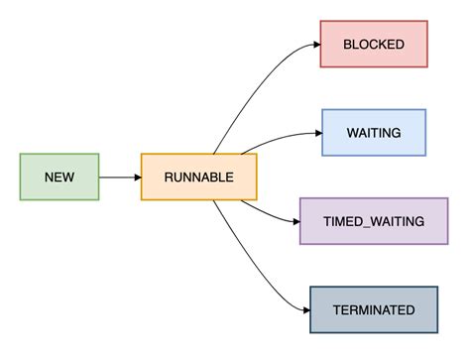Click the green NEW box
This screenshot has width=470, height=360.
[x=59, y=177]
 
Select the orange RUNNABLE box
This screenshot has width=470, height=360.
[x=198, y=177]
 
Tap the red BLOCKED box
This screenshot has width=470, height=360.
[x=373, y=44]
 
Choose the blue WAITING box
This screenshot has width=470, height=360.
[x=373, y=132]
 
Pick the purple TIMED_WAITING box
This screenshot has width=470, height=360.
[x=374, y=220]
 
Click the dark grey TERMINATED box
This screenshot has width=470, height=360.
[x=374, y=309]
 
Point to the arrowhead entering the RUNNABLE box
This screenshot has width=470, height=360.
[x=136, y=177]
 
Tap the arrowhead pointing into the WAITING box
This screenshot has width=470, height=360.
[x=316, y=132]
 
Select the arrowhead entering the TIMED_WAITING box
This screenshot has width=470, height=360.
[x=294, y=220]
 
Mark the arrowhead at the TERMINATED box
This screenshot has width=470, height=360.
[x=304, y=309]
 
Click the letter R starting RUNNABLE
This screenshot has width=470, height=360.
[x=168, y=177]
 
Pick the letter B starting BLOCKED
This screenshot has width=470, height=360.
[x=347, y=44]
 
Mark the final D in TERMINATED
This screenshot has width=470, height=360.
[x=410, y=309]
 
